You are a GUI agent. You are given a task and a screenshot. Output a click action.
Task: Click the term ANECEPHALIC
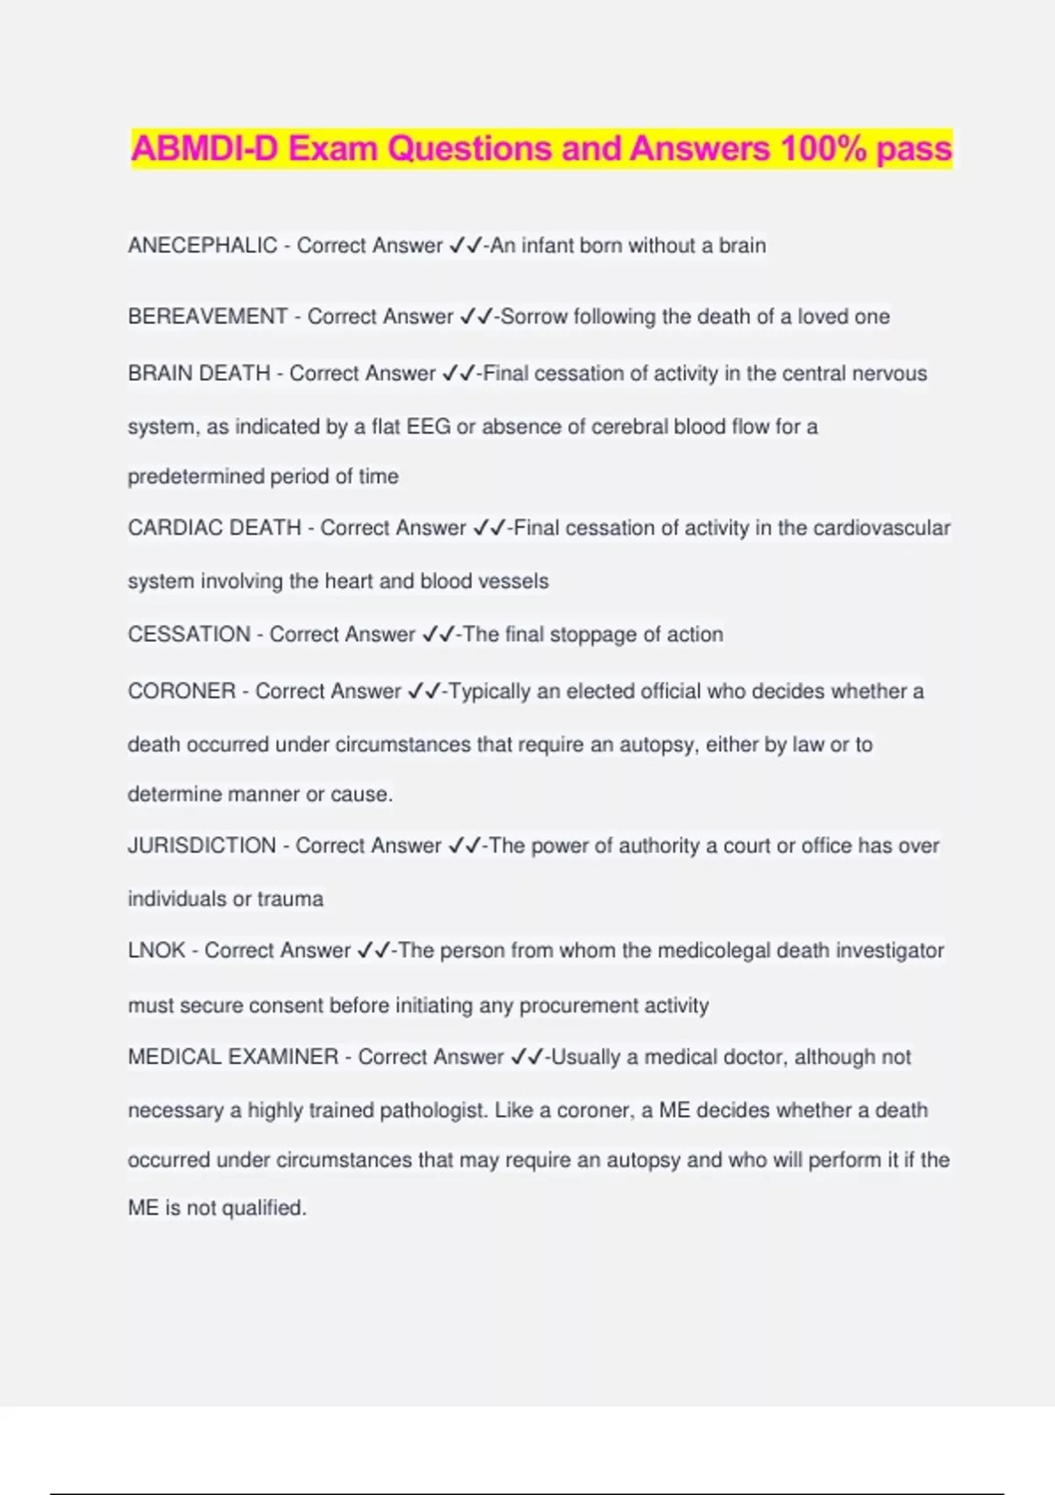pyautogui.click(x=202, y=245)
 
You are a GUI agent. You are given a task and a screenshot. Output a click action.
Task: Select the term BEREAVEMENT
pyautogui.click(x=207, y=317)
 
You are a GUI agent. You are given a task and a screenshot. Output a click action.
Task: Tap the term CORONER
pyautogui.click(x=182, y=691)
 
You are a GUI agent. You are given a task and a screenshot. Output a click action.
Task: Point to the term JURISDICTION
pyautogui.click(x=201, y=846)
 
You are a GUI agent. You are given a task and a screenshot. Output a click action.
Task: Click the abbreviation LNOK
pyautogui.click(x=156, y=951)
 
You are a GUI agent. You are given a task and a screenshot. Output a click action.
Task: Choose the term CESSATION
pyautogui.click(x=189, y=634)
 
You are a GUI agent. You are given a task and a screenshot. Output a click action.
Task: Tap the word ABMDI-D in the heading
pyautogui.click(x=204, y=149)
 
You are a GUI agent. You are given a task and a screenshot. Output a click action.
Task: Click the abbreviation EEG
pyautogui.click(x=428, y=427)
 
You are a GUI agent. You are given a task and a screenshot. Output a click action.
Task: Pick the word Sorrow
pyautogui.click(x=534, y=317)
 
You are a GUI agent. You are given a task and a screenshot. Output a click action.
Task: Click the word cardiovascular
pyautogui.click(x=882, y=528)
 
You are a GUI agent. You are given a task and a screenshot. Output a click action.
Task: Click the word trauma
pyautogui.click(x=290, y=899)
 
